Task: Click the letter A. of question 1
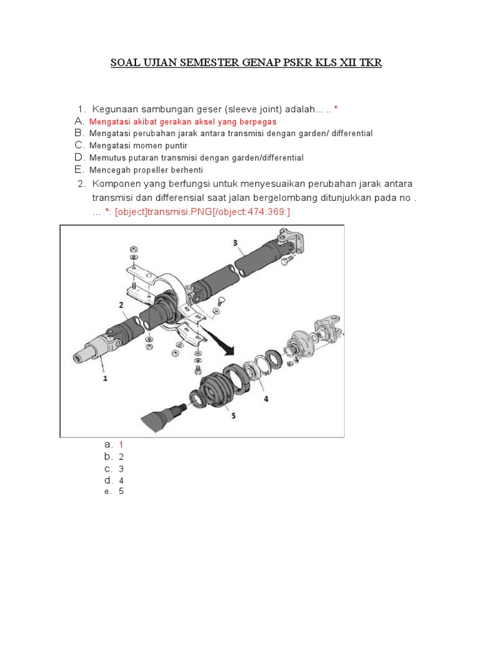pyautogui.click(x=80, y=121)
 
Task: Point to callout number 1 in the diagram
pyautogui.click(x=105, y=379)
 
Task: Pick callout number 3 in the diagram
pyautogui.click(x=235, y=243)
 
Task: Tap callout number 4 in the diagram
pyautogui.click(x=265, y=398)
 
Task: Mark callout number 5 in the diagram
pyautogui.click(x=233, y=415)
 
